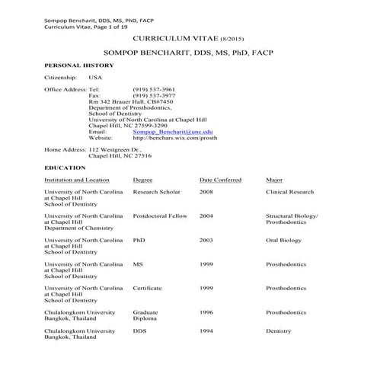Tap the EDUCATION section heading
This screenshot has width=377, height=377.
(x=65, y=166)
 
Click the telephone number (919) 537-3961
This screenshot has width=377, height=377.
(x=153, y=89)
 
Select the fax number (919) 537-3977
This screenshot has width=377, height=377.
(x=153, y=95)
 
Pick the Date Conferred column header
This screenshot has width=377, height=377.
(x=220, y=181)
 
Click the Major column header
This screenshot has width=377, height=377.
(x=274, y=181)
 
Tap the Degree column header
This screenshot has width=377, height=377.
(x=142, y=181)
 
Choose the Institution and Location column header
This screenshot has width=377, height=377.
(x=81, y=181)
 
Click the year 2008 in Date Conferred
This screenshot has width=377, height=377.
(x=206, y=193)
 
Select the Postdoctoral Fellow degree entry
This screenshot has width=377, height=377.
(x=159, y=216)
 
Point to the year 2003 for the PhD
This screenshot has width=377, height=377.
(x=206, y=240)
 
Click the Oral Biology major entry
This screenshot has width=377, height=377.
(x=285, y=240)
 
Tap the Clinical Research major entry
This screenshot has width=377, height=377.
(x=289, y=193)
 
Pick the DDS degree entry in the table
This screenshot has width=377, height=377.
(x=139, y=331)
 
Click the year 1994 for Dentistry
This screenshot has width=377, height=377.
(x=206, y=331)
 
